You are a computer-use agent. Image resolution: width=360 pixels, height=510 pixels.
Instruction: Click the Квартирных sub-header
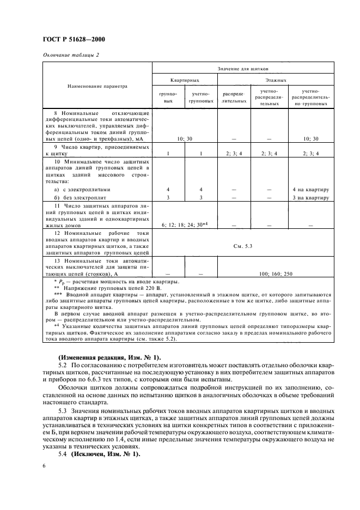tap(185, 80)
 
